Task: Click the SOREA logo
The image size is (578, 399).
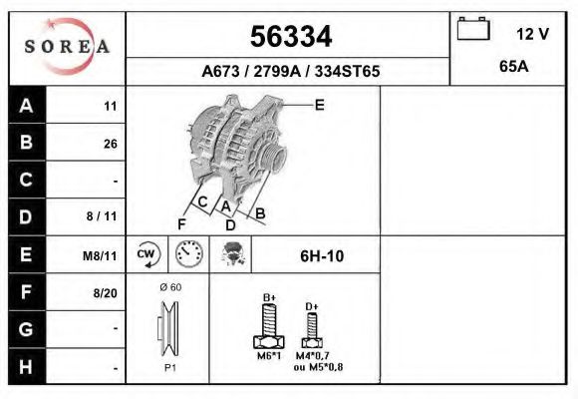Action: tap(67, 47)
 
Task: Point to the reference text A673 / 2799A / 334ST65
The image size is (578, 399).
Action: tap(290, 72)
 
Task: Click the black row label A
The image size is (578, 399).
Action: tap(26, 106)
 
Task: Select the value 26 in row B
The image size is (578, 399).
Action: tap(110, 144)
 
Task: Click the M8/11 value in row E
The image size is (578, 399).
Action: tap(101, 255)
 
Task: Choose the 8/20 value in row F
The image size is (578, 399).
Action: tap(105, 292)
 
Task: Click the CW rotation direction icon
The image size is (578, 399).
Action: tap(147, 255)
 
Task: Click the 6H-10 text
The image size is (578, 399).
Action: tap(322, 256)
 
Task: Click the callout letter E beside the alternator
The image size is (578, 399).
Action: tap(320, 104)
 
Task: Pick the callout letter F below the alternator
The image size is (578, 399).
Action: tap(181, 221)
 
